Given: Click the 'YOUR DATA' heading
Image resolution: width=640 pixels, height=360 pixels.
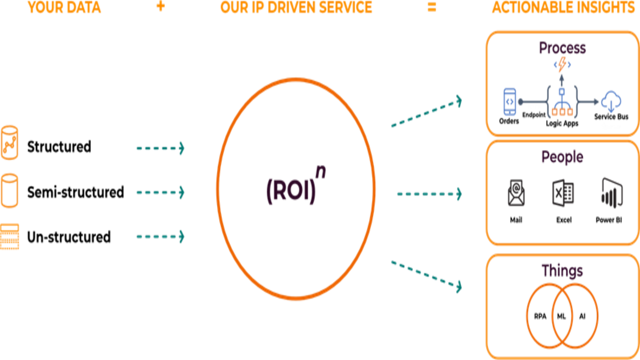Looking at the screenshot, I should [x=64, y=7].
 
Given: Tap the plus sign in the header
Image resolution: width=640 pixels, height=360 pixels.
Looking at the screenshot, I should [x=160, y=7].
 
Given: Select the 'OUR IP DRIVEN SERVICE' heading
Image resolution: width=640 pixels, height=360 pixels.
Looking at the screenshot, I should [x=296, y=7].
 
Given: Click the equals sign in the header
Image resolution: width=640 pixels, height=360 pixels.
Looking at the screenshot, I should [x=432, y=7].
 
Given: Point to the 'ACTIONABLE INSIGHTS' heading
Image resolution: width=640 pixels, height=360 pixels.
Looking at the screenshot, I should [x=562, y=7].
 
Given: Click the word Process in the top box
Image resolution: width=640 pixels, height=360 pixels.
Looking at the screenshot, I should [x=562, y=48].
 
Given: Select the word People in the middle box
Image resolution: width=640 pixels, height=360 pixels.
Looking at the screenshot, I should [x=562, y=157].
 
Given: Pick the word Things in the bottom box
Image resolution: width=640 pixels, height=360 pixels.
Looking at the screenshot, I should [x=562, y=271].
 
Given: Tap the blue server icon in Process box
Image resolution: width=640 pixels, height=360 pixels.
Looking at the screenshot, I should [x=509, y=101].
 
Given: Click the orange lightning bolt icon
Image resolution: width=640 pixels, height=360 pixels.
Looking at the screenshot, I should [x=562, y=65].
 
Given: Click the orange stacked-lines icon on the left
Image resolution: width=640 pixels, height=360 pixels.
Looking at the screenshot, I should [x=9, y=236].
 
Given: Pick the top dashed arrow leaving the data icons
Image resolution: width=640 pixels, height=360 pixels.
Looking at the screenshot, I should [x=160, y=148].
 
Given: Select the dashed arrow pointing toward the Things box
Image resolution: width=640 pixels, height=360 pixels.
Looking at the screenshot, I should [x=426, y=273].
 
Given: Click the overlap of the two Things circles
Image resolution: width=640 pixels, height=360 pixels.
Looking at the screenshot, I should [x=562, y=316].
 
